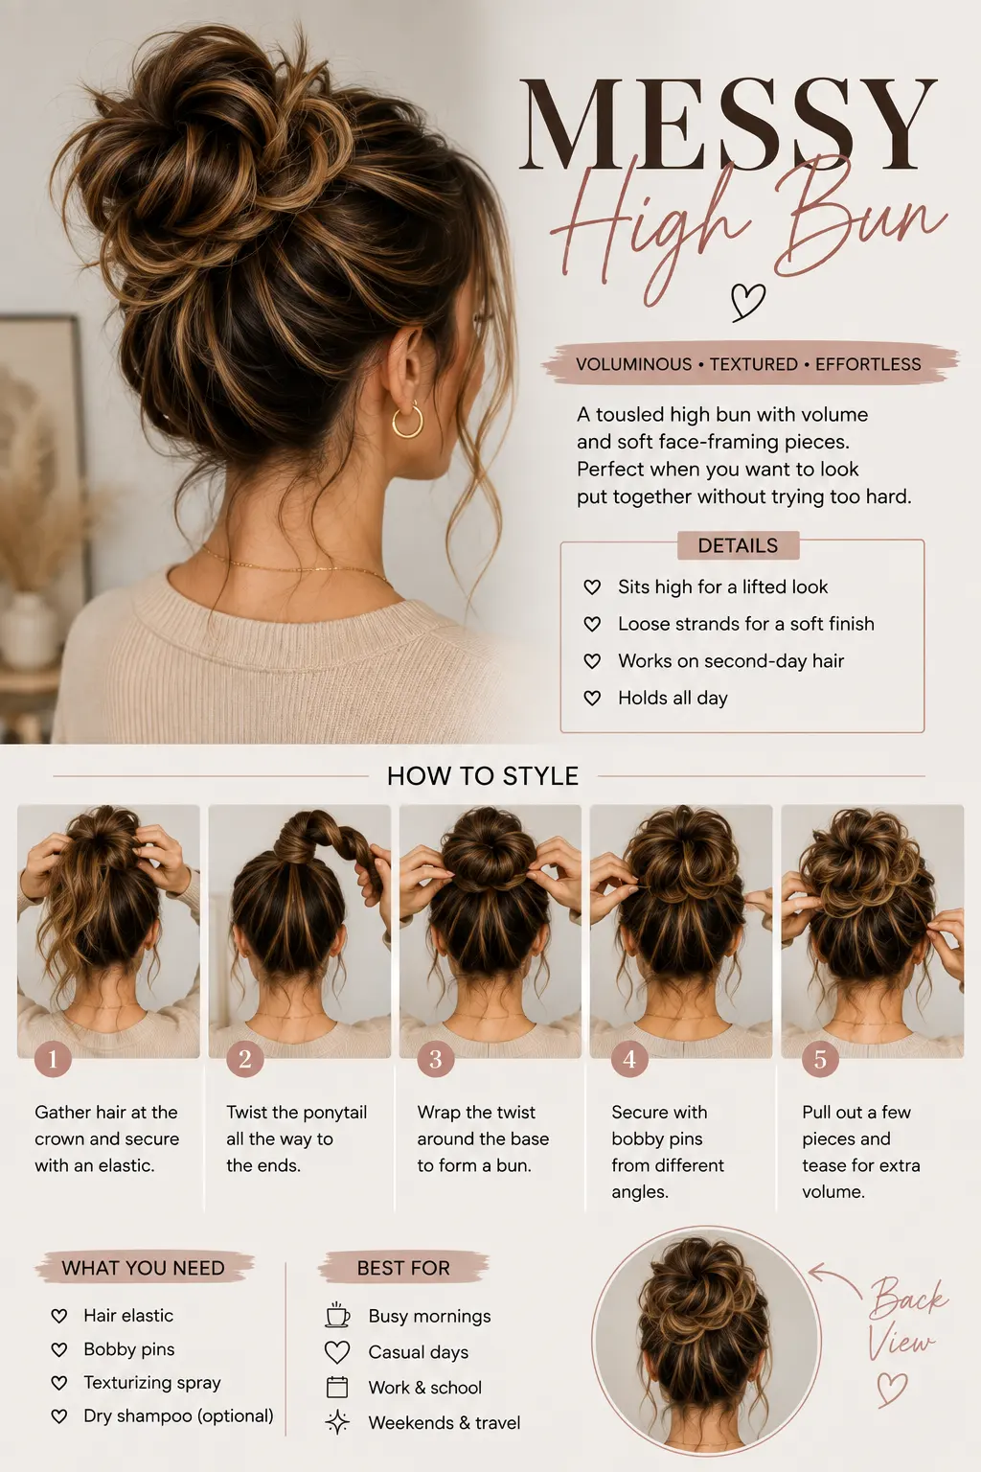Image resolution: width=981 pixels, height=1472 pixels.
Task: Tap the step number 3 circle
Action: (x=436, y=1059)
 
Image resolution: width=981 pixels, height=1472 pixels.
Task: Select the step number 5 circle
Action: (x=820, y=1059)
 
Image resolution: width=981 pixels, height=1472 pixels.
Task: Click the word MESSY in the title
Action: (x=728, y=125)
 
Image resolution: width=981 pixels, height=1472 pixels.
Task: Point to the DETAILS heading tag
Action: (x=738, y=545)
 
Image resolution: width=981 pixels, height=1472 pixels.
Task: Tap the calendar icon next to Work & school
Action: (x=337, y=1387)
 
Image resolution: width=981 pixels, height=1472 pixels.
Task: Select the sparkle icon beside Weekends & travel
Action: (x=337, y=1423)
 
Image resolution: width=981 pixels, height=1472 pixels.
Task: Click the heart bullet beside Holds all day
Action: (x=592, y=698)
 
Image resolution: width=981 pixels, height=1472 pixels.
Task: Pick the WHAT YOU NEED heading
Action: (x=144, y=1268)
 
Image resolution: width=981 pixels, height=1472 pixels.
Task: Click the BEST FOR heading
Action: (x=403, y=1268)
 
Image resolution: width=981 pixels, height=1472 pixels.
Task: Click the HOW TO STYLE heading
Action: (x=483, y=776)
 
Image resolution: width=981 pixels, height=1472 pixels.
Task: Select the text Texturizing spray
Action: (x=151, y=1383)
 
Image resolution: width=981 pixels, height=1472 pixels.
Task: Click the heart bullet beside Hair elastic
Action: (x=59, y=1316)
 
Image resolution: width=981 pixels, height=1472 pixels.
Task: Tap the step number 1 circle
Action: (x=53, y=1059)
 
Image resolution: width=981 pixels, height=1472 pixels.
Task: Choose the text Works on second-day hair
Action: (x=731, y=661)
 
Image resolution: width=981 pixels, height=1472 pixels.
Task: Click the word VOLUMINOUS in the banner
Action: (x=633, y=364)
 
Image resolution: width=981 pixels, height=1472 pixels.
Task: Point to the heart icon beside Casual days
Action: (x=337, y=1352)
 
